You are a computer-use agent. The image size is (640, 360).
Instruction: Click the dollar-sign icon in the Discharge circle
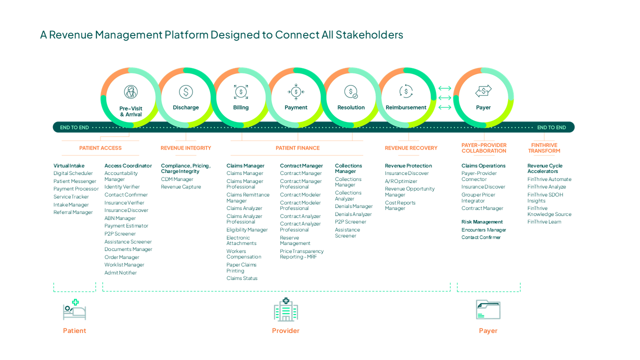pyautogui.click(x=185, y=92)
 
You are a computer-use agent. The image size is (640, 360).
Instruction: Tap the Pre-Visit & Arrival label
pyautogui.click(x=131, y=111)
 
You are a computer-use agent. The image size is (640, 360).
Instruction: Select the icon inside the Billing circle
pyautogui.click(x=241, y=92)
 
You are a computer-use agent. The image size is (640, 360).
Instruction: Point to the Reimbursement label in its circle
pyautogui.click(x=405, y=107)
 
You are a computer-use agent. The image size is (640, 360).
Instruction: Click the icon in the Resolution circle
pyautogui.click(x=351, y=92)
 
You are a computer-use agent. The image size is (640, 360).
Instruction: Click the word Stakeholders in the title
pyautogui.click(x=369, y=34)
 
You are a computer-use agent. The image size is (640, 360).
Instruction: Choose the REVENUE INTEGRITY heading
pyautogui.click(x=185, y=148)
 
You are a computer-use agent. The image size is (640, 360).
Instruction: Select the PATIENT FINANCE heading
pyautogui.click(x=297, y=148)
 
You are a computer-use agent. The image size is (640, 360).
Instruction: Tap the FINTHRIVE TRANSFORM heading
pyautogui.click(x=544, y=148)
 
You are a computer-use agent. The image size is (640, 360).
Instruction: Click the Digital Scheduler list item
pyautogui.click(x=73, y=173)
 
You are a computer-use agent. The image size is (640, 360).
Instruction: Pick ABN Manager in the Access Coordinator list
pyautogui.click(x=120, y=218)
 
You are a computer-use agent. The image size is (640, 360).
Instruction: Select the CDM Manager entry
pyautogui.click(x=177, y=179)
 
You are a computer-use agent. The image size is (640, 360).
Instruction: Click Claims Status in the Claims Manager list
pyautogui.click(x=242, y=278)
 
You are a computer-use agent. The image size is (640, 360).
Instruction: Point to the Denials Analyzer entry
pyautogui.click(x=353, y=214)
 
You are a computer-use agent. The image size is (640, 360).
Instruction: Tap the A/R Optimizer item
pyautogui.click(x=401, y=181)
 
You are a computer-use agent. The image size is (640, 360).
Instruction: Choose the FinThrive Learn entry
pyautogui.click(x=544, y=221)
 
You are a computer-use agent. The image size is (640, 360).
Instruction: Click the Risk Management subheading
pyautogui.click(x=482, y=221)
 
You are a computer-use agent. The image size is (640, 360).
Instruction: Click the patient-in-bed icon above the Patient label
pyautogui.click(x=74, y=309)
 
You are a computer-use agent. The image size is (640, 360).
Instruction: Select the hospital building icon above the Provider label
pyautogui.click(x=285, y=309)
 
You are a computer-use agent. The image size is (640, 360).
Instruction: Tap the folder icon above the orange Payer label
pyautogui.click(x=488, y=309)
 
